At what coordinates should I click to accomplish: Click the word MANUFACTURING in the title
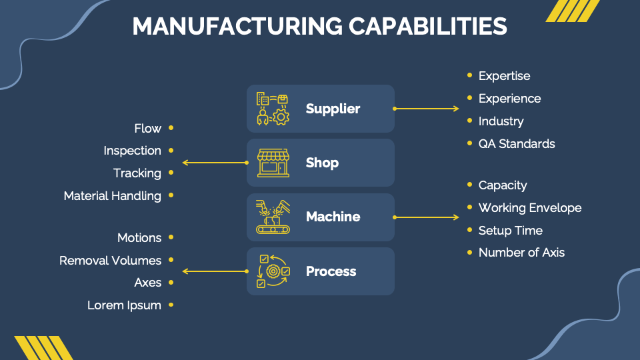point(236,26)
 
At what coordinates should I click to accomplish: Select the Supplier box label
point(333,109)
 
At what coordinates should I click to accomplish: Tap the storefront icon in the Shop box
point(273,163)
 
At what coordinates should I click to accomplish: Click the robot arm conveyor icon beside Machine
point(273,217)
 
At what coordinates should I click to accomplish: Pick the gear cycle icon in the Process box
point(273,271)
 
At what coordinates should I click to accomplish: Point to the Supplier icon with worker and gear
point(273,109)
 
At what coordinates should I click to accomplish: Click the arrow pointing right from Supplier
point(427,108)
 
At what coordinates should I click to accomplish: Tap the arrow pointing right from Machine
point(427,217)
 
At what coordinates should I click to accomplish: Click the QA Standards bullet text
point(517,143)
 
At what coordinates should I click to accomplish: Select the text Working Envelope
point(530,208)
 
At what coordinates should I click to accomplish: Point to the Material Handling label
point(113,196)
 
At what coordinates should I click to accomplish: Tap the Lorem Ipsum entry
point(125,305)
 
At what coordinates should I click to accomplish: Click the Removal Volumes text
point(111,261)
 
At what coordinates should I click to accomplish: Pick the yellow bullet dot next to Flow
point(171,127)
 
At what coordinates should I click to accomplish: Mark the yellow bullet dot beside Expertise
point(470,75)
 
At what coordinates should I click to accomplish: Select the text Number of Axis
point(521,253)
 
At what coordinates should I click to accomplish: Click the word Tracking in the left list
point(137,173)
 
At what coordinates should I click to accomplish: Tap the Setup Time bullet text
point(511,231)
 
